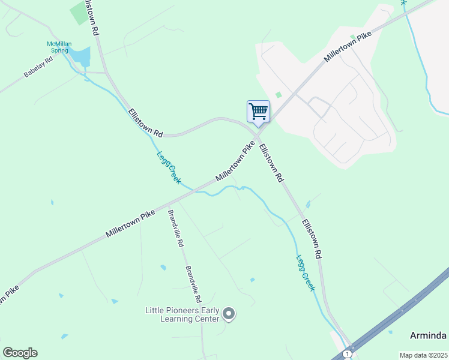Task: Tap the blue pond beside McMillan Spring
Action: point(81,58)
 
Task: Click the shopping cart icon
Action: point(258,111)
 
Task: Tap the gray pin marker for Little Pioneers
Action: point(229,313)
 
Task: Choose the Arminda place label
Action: point(429,335)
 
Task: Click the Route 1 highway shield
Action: point(347,354)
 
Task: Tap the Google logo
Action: point(20,353)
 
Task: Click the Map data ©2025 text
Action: point(423,355)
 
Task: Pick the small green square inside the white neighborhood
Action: point(278,94)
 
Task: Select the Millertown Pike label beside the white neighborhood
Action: point(348,46)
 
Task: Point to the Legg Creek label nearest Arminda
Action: point(305,274)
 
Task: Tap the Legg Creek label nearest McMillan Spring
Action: point(169,166)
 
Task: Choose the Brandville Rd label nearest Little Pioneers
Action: point(193,284)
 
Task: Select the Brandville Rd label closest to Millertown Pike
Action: point(175,229)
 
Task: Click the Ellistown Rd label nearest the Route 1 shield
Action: point(312,239)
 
